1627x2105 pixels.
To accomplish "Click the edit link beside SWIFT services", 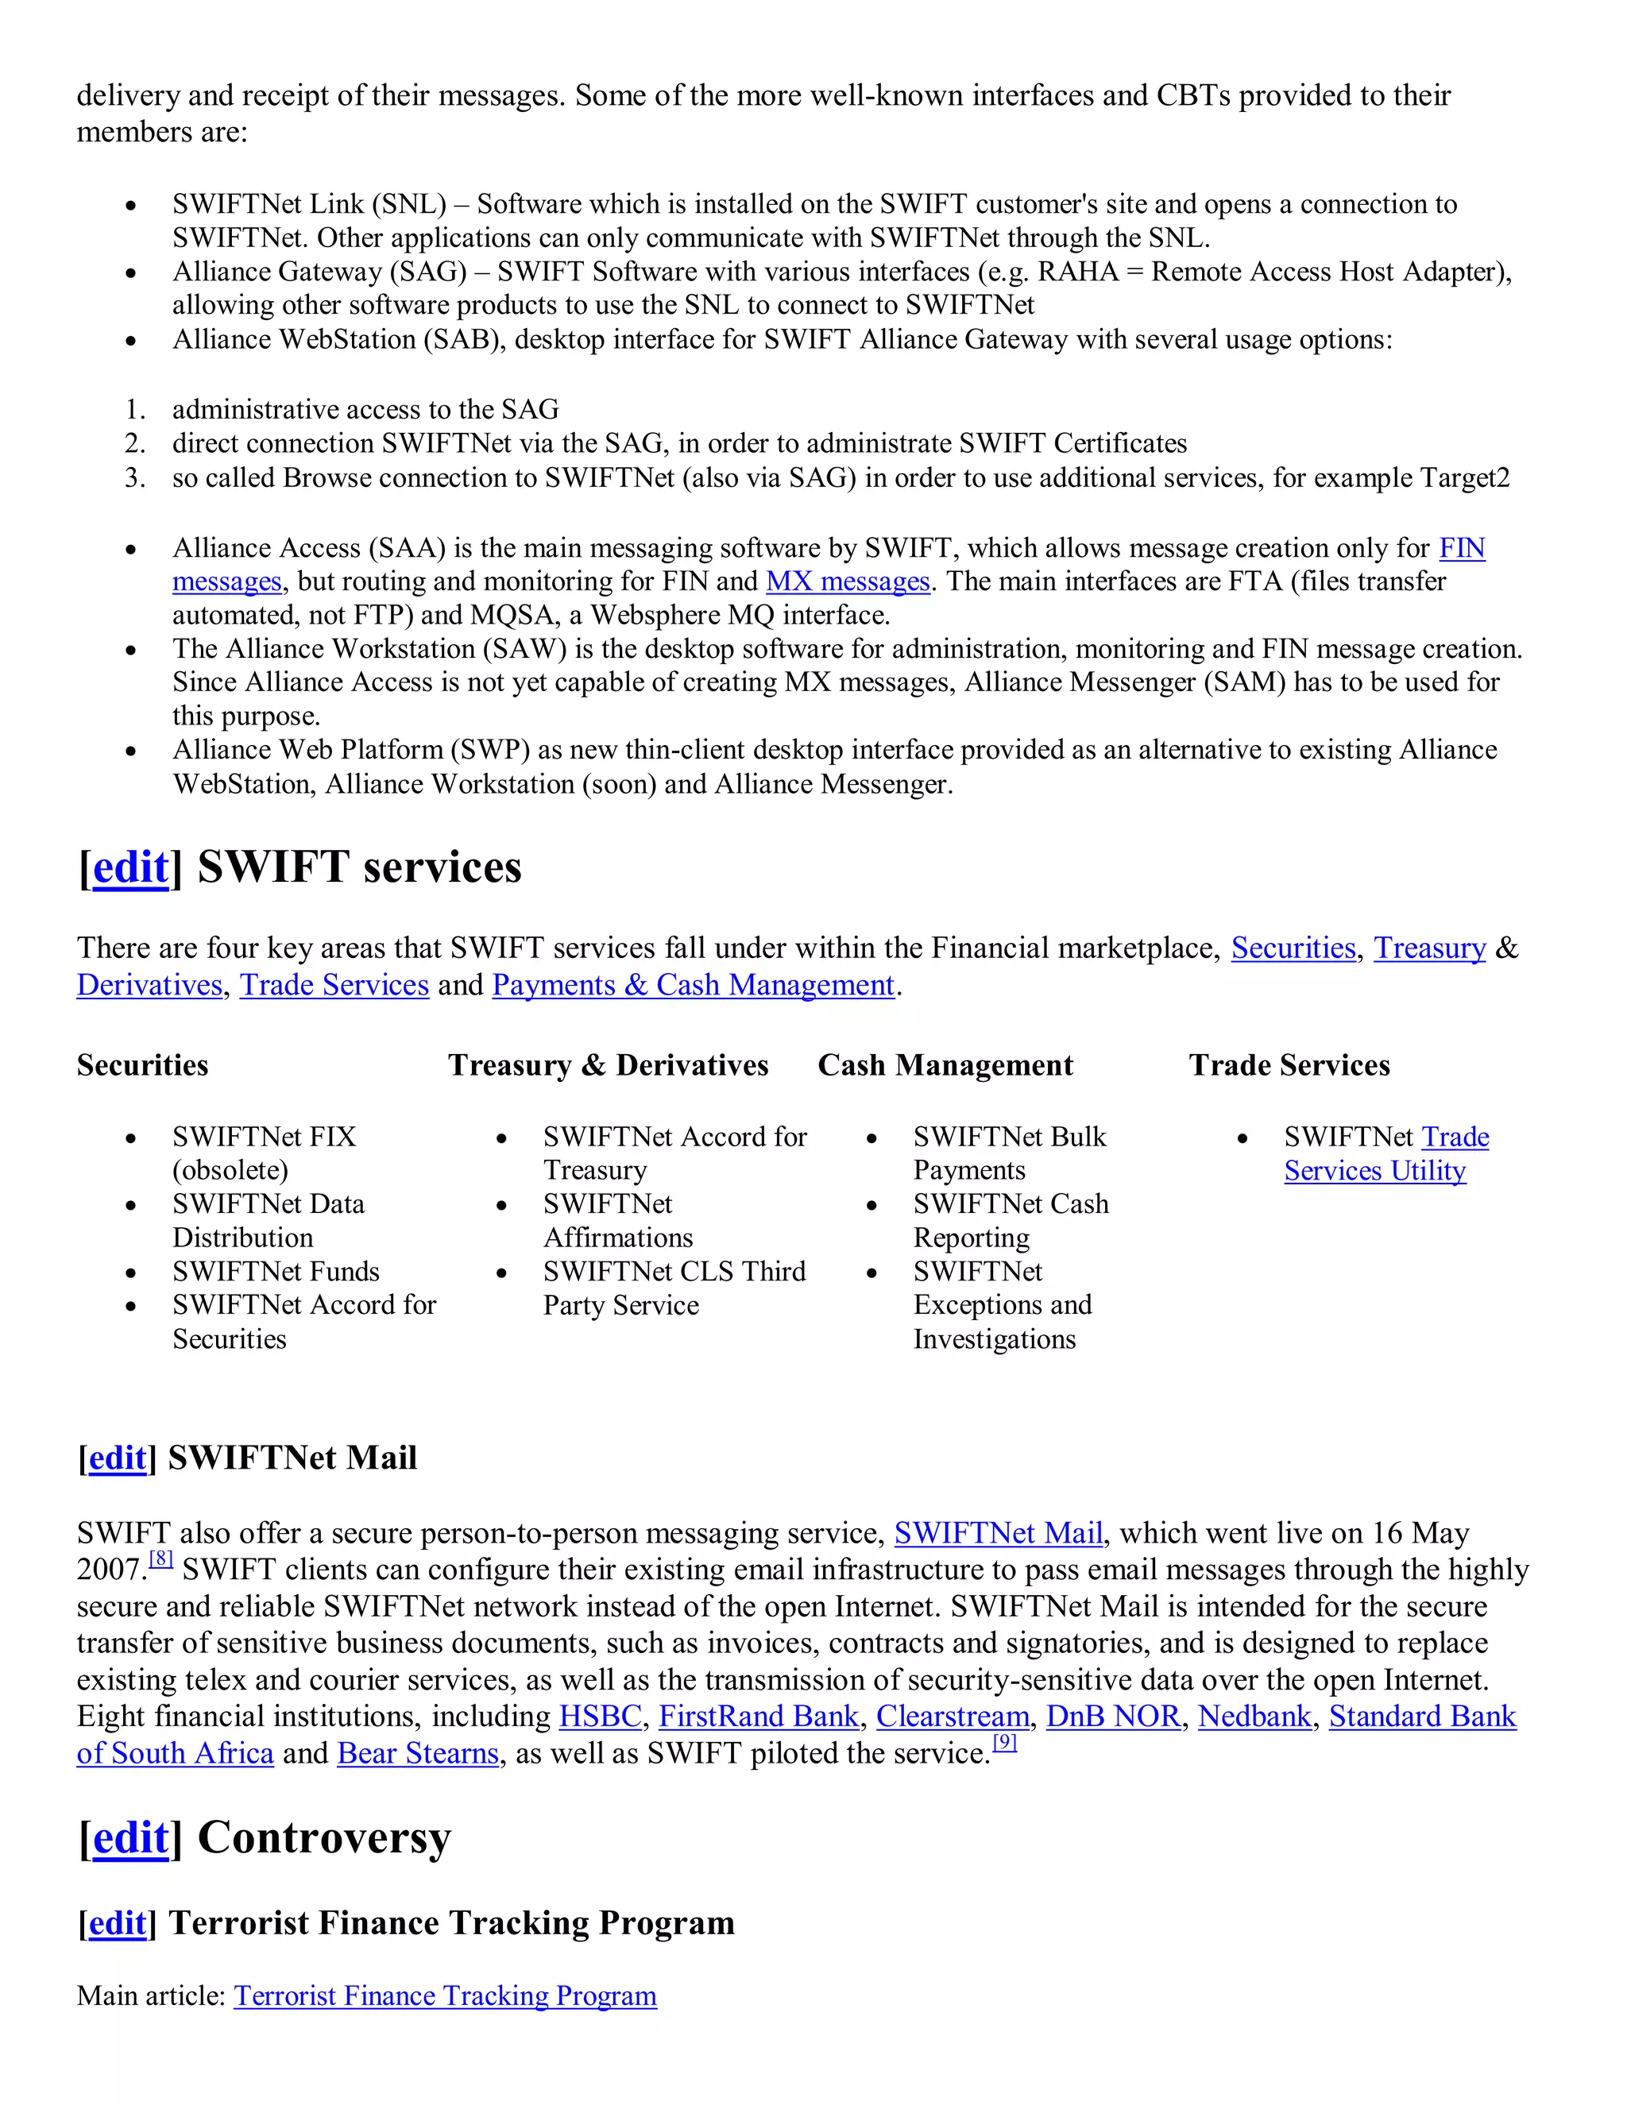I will point(130,867).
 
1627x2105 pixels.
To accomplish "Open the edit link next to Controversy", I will point(130,1838).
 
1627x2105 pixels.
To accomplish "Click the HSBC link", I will point(600,1717).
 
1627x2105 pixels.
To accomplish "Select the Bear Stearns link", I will point(417,1753).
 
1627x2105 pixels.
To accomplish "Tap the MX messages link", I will point(847,581).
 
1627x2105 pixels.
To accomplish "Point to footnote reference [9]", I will point(1004,1742).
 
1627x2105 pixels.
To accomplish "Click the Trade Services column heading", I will point(1289,1065).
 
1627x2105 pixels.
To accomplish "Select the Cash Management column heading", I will point(945,1065).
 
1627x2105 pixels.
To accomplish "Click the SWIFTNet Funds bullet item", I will point(276,1271).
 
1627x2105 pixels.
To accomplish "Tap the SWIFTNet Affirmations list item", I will point(616,1220).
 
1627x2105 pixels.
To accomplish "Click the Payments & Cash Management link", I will point(693,985).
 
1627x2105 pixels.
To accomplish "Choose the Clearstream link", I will point(953,1717).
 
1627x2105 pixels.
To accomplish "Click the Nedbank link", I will point(1254,1717).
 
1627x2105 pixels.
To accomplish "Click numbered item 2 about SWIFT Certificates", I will point(678,443).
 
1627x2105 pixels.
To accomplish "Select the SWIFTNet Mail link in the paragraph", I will point(998,1533).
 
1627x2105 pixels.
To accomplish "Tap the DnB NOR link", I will point(1113,1717).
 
